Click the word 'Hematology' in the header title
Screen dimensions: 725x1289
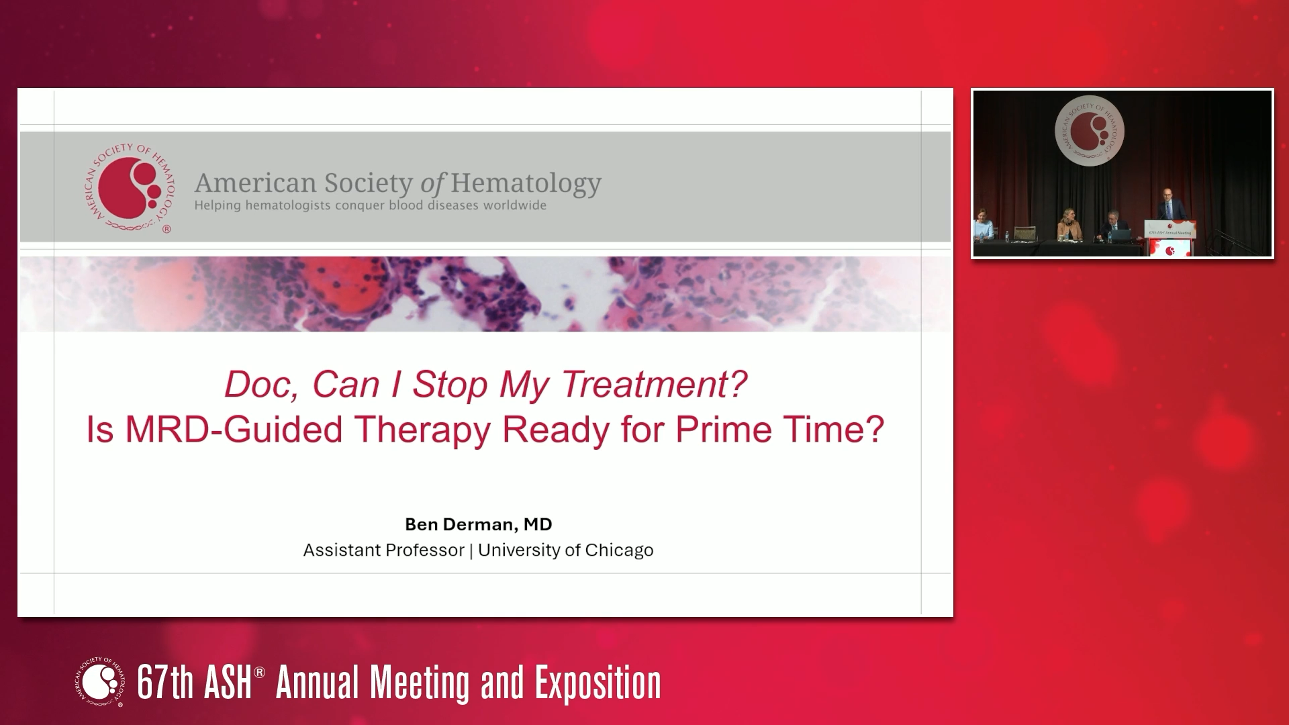pyautogui.click(x=525, y=183)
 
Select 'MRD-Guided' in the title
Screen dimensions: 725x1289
pyautogui.click(x=234, y=430)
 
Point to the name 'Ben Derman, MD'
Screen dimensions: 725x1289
pyautogui.click(x=478, y=524)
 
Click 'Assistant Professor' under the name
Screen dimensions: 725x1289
pyautogui.click(x=383, y=550)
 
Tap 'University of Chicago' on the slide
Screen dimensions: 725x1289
pyautogui.click(x=565, y=550)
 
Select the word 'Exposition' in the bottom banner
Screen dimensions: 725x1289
pyautogui.click(x=598, y=683)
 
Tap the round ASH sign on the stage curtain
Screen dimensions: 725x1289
pyautogui.click(x=1089, y=132)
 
